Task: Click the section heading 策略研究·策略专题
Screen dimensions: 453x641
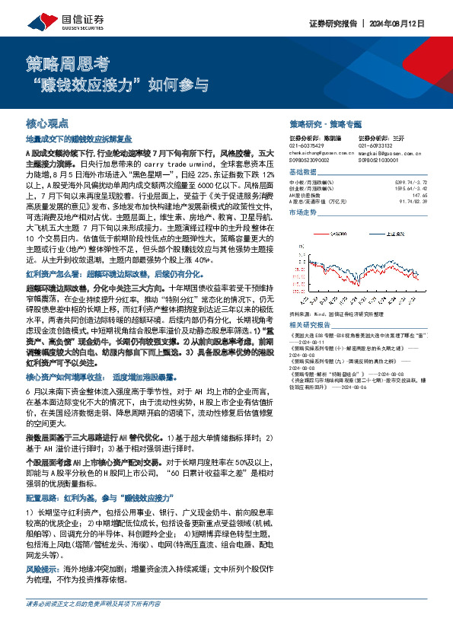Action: (325, 123)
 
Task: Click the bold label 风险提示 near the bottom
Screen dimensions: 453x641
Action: (43, 569)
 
